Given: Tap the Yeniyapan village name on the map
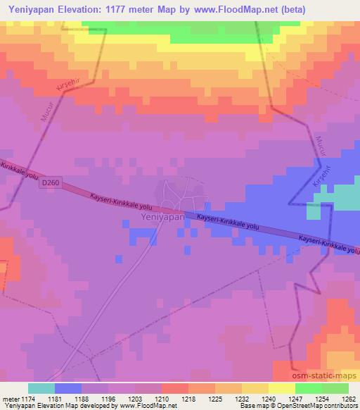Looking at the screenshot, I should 162,218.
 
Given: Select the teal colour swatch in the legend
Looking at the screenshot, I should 41,388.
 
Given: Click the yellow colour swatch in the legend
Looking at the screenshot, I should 281,388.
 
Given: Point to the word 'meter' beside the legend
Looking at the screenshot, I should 9,399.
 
